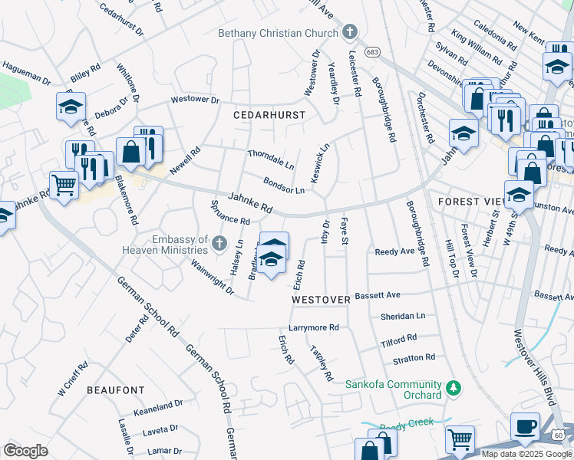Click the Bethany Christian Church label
click(278, 33)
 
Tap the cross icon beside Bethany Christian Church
click(350, 32)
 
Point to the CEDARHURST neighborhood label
click(269, 115)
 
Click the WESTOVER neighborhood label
click(321, 298)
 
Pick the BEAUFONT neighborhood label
click(115, 390)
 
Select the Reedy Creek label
click(407, 422)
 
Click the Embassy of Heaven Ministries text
click(170, 245)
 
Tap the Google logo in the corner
click(25, 451)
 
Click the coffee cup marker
click(526, 426)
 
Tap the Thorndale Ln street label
click(270, 159)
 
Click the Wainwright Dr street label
click(213, 277)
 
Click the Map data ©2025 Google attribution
click(526, 454)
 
